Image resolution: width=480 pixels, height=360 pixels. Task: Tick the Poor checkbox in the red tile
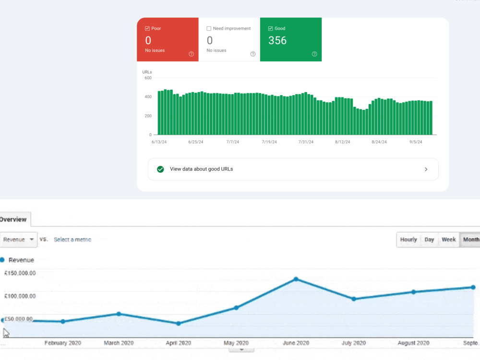click(147, 28)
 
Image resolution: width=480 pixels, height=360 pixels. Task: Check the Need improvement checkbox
click(209, 28)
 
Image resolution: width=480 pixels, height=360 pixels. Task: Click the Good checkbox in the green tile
click(270, 28)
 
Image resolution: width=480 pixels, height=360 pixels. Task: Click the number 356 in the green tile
click(277, 40)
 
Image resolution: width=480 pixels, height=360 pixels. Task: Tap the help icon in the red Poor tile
click(192, 54)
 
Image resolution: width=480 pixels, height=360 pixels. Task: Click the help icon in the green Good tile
click(314, 54)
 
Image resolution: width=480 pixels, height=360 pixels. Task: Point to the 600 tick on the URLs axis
click(148, 78)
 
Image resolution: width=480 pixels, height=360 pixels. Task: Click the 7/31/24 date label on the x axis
click(306, 142)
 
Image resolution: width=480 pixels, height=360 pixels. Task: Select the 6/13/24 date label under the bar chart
click(159, 142)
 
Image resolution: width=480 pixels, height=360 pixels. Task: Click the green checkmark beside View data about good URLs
click(160, 169)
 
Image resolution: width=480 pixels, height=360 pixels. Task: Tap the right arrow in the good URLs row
click(426, 169)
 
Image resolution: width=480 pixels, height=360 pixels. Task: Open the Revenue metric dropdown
click(18, 240)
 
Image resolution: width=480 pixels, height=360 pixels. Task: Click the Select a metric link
click(72, 240)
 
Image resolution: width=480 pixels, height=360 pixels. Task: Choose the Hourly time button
click(408, 240)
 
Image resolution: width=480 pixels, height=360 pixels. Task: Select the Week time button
click(449, 240)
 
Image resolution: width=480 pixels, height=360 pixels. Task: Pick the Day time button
click(429, 240)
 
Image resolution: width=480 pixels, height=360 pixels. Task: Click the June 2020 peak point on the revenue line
click(296, 279)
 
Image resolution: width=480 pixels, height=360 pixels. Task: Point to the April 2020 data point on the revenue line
click(179, 324)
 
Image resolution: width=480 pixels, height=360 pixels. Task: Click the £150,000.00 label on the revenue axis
click(20, 273)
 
